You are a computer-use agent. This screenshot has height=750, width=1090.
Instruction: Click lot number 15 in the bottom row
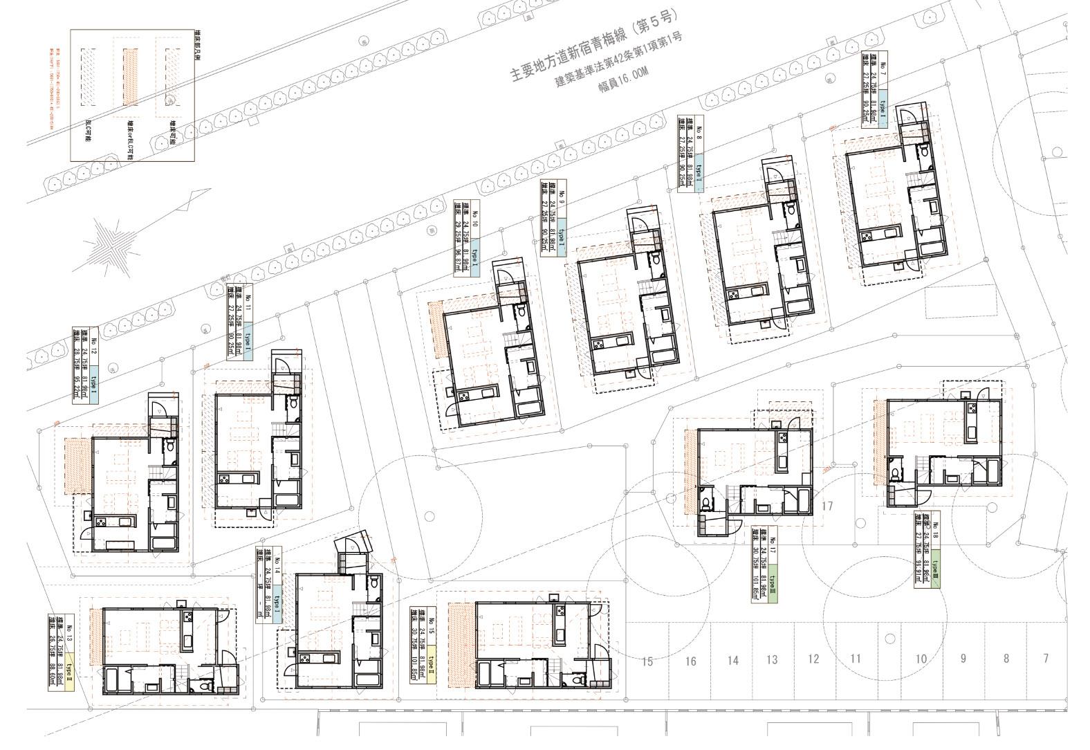[647, 661]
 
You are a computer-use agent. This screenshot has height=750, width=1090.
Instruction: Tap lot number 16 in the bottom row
[690, 661]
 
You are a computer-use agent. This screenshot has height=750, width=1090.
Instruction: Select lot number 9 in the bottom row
[963, 659]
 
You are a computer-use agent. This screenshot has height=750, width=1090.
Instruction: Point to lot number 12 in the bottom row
[813, 659]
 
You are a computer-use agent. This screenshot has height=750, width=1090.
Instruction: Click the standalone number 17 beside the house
[827, 506]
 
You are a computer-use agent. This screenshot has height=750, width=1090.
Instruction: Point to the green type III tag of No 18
[937, 572]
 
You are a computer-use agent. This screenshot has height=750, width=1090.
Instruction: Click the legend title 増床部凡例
[196, 46]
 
